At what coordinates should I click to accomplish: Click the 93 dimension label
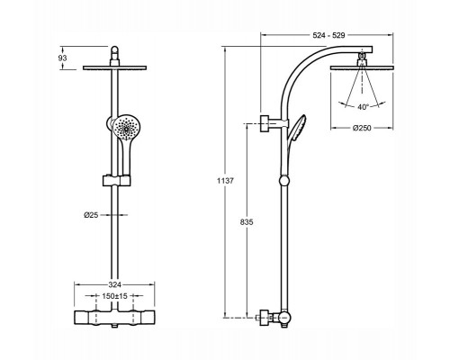click(x=62, y=58)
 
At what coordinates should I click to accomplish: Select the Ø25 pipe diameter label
click(x=91, y=215)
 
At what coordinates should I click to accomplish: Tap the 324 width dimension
click(x=114, y=284)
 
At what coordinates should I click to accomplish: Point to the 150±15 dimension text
click(x=114, y=296)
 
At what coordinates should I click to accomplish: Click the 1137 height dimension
click(x=225, y=181)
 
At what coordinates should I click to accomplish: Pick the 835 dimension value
click(x=247, y=222)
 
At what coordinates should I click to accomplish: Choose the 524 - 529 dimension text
click(x=329, y=35)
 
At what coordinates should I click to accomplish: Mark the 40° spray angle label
click(x=363, y=107)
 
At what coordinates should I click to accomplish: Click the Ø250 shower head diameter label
click(x=362, y=128)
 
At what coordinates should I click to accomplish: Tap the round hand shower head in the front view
click(x=127, y=128)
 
